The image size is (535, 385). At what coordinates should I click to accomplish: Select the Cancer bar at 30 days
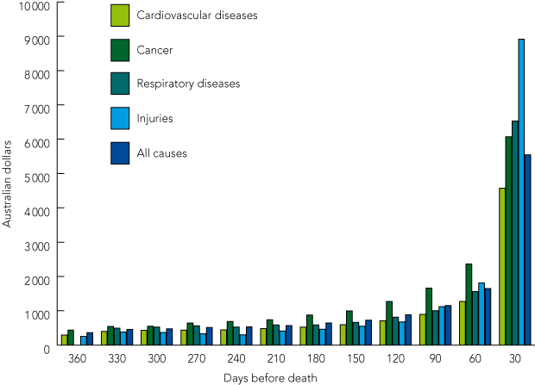point(508,241)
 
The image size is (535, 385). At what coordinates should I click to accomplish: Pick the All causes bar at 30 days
point(527,250)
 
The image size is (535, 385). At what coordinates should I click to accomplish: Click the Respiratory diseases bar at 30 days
point(515,233)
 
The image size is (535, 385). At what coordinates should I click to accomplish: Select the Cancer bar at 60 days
point(469,305)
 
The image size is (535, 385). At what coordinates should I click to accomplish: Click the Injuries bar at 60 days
point(481,314)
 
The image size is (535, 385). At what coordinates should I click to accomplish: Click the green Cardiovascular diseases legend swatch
point(120,16)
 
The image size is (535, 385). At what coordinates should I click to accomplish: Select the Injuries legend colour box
point(120,119)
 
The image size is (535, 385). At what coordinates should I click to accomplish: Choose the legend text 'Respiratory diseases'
point(188,84)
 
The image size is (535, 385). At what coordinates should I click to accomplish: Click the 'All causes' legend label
point(161,153)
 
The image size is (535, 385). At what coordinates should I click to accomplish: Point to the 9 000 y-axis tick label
point(40,38)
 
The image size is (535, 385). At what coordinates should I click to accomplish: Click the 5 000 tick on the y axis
point(40,175)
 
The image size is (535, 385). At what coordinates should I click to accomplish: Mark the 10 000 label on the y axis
point(37,5)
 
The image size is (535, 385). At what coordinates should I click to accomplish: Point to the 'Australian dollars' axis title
point(8,174)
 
